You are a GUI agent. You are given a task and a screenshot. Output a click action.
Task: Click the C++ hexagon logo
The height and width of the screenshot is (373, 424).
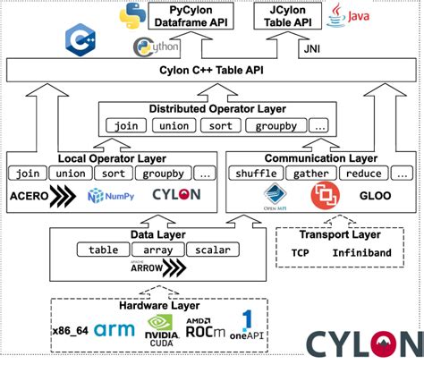pyautogui.click(x=80, y=40)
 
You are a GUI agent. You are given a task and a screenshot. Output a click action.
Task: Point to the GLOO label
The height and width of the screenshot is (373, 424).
pyautogui.click(x=371, y=194)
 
